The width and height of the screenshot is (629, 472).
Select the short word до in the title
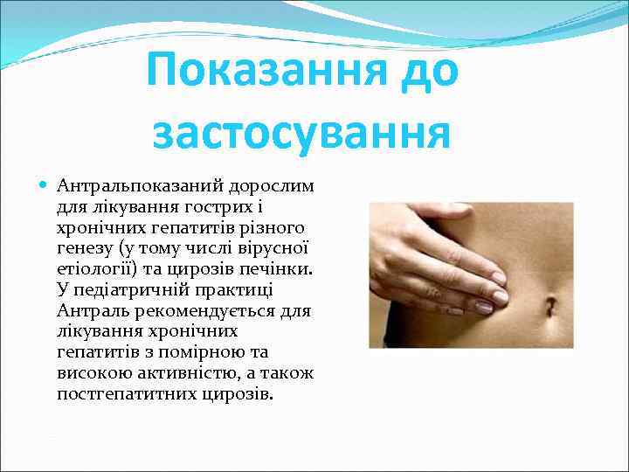pyautogui.click(x=423, y=71)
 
